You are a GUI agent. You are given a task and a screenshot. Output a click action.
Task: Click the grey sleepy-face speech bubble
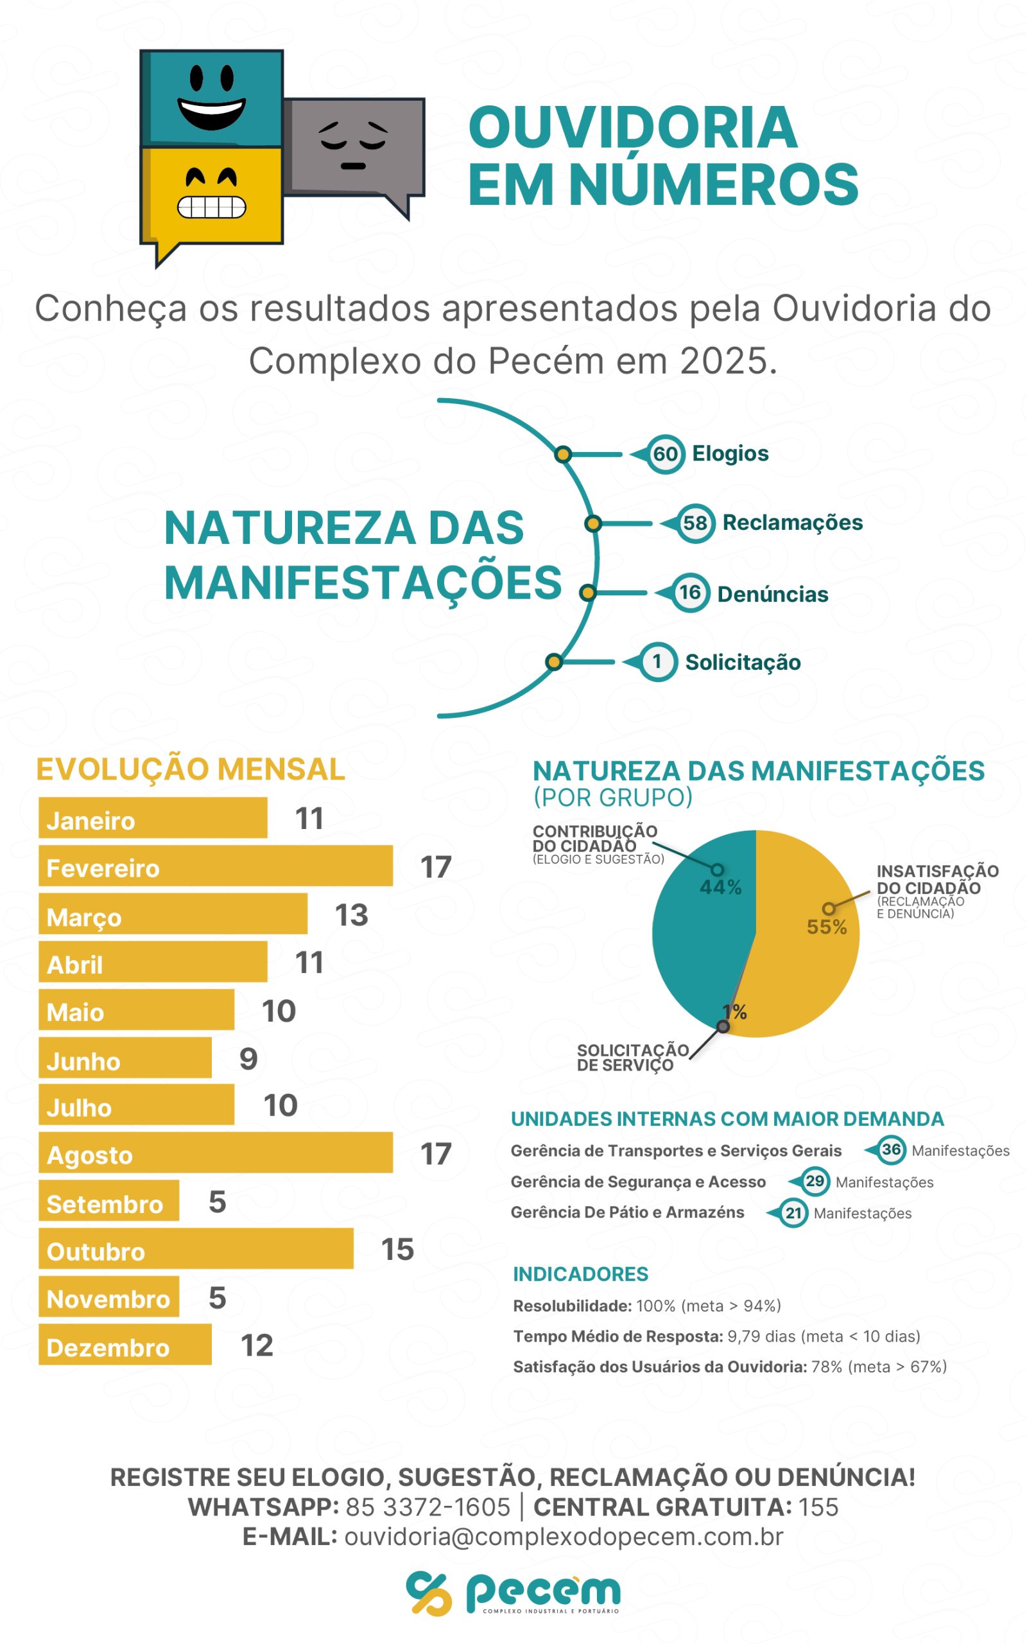353,145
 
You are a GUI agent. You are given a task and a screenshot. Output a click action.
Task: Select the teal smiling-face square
212,98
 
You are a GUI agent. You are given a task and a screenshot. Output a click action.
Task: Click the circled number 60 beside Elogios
665,454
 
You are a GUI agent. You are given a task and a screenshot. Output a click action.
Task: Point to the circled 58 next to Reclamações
695,523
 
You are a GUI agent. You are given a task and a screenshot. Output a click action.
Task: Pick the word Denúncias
772,595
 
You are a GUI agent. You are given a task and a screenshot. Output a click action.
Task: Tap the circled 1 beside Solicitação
657,661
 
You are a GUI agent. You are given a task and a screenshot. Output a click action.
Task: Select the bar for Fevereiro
215,866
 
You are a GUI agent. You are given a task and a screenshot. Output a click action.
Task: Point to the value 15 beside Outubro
397,1249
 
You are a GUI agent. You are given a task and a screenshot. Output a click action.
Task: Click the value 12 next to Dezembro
257,1345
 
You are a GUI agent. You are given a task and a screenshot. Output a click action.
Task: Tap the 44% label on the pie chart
721,888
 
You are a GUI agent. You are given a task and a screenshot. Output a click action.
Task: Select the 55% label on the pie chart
827,927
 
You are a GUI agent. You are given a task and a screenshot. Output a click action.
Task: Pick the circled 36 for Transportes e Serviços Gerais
891,1150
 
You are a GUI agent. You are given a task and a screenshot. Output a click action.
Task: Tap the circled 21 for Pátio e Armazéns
793,1212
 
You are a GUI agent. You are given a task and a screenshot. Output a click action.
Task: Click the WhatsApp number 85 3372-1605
428,1507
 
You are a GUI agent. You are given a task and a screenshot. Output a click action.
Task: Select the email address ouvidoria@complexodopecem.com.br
564,1536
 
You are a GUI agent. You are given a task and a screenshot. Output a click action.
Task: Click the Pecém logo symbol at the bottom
429,1593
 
